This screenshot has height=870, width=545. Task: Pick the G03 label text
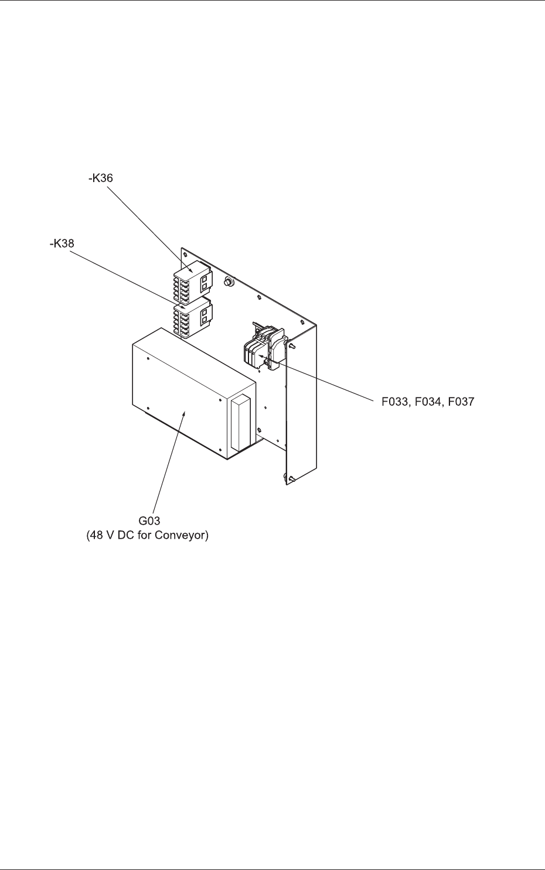tap(148, 521)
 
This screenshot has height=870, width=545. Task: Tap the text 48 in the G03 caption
tap(97, 535)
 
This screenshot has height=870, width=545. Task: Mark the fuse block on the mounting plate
tap(263, 348)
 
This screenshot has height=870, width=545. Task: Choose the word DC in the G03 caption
tap(124, 535)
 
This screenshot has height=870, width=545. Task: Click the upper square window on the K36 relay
tap(205, 280)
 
